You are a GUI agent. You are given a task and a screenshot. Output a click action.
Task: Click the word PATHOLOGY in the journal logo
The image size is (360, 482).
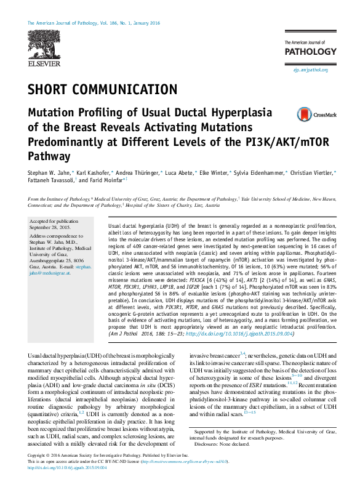tap(307, 50)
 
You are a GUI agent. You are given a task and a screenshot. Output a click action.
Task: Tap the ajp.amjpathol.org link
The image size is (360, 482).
tap(311, 71)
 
